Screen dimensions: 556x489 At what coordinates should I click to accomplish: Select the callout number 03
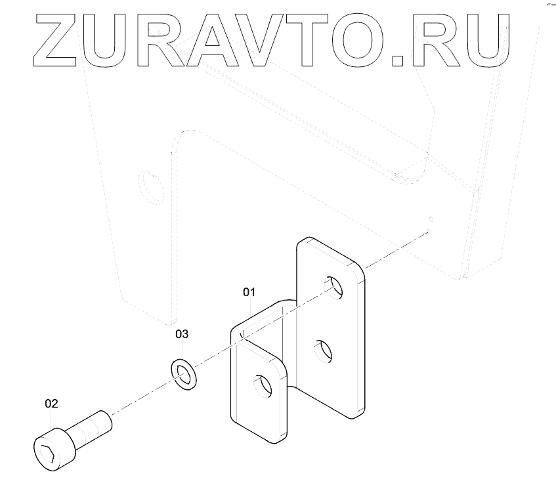tap(182, 334)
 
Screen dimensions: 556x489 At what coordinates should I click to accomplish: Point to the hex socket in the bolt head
tap(47, 452)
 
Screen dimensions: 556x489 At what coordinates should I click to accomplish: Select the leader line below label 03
tap(182, 350)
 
